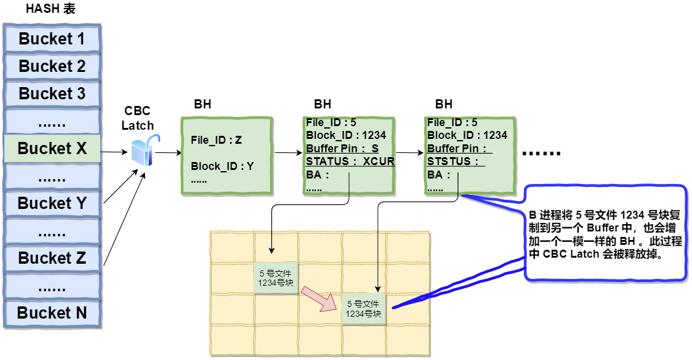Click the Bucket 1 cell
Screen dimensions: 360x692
[52, 39]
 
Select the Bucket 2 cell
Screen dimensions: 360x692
[52, 66]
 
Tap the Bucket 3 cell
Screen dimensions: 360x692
[52, 94]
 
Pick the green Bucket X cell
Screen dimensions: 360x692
[52, 149]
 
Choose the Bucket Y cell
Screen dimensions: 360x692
[52, 203]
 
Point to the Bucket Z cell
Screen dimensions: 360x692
[52, 258]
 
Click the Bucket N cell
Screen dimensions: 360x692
[52, 313]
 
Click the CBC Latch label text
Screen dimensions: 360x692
[138, 118]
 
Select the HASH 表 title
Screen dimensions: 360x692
[51, 10]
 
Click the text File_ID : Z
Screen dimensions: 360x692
[216, 140]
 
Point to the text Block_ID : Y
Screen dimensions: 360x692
[222, 166]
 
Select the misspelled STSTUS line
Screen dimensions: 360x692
[456, 161]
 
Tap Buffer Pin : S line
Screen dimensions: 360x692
[342, 148]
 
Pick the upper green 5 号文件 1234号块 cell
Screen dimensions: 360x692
[276, 278]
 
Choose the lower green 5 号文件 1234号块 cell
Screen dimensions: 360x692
[364, 309]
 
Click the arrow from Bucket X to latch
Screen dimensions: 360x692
[116, 152]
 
